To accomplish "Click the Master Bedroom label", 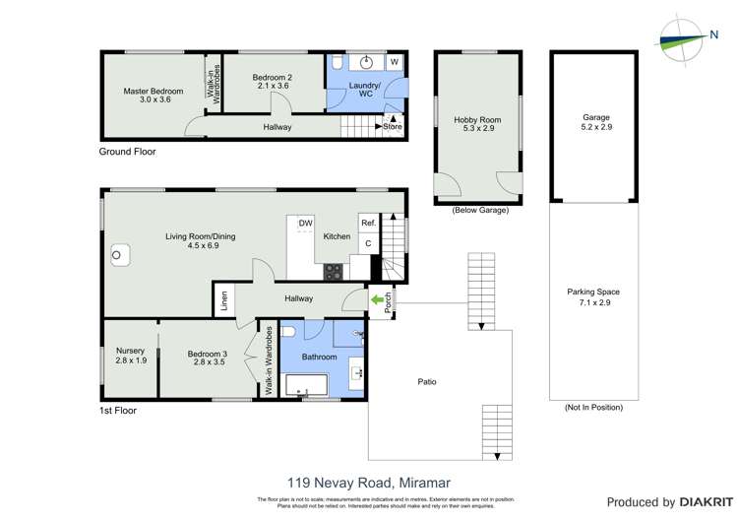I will coord(147,92).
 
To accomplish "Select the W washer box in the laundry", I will coord(394,62).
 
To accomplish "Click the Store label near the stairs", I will coord(392,126).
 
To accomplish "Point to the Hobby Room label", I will coord(478,120).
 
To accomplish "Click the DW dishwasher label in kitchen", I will coord(306,224).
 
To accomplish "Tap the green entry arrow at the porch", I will coord(376,299).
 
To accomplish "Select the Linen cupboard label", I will coord(224,298).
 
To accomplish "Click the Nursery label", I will coord(131,351).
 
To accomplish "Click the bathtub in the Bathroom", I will coord(305,384).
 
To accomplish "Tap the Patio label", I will coord(426,381).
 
